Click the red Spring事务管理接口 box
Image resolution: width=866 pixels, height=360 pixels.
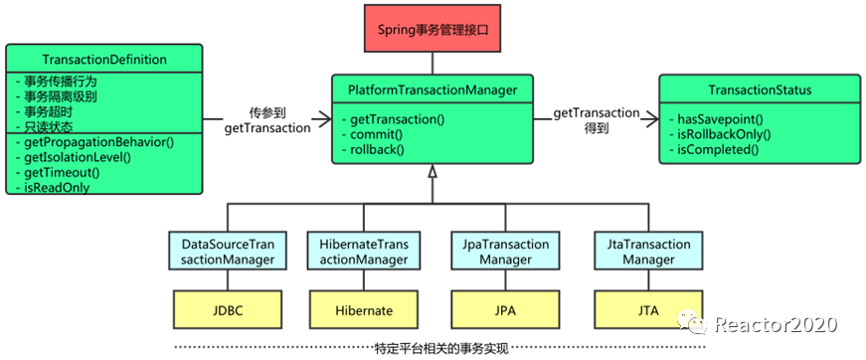432,29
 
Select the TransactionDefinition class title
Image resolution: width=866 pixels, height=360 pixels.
104,60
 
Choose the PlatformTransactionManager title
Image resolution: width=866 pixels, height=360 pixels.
433,90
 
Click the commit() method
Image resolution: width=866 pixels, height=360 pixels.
376,134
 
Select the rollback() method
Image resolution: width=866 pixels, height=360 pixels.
378,148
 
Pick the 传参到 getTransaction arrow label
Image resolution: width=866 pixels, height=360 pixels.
266,120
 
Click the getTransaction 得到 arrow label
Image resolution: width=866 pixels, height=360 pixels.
596,120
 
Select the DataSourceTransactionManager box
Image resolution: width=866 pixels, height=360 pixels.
228,252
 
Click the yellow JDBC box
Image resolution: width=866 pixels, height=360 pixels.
228,310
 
